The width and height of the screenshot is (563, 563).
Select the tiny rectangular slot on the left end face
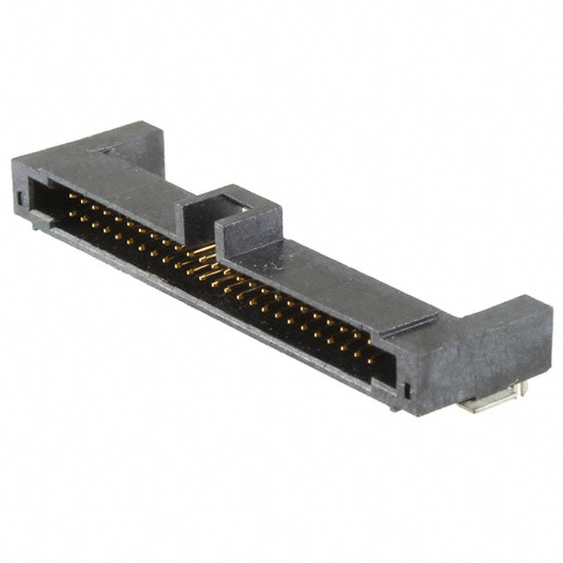[x=19, y=197]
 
